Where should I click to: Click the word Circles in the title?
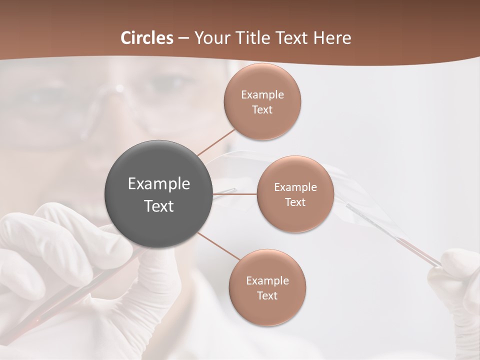[147, 38]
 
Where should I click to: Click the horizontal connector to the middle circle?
[235, 194]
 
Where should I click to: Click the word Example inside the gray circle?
[159, 184]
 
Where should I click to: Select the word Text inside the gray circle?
[159, 206]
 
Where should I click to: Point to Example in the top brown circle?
[262, 95]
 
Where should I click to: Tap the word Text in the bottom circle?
[267, 295]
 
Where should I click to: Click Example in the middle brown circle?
[295, 187]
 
